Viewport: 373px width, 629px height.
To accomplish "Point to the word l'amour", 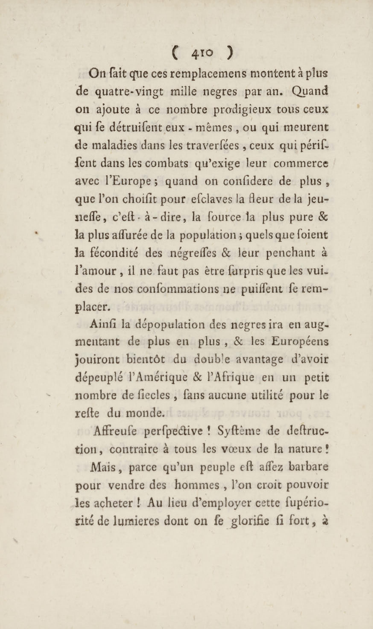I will pos(96,271).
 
